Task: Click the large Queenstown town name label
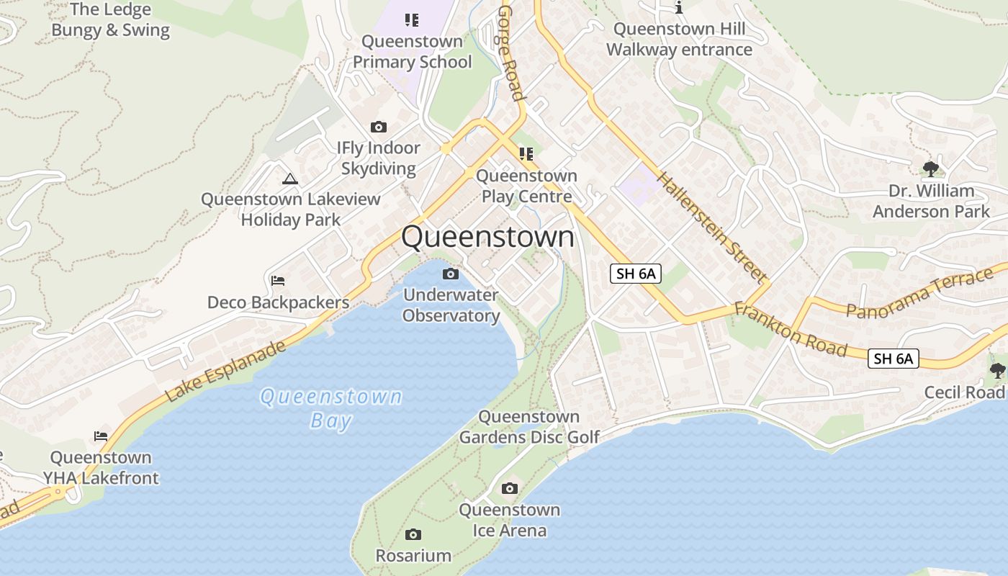pos(487,237)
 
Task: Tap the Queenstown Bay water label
pos(331,408)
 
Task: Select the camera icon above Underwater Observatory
pos(451,274)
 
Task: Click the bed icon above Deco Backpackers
pos(278,280)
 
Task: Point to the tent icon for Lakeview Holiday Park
pos(290,179)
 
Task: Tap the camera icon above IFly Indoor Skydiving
pos(379,127)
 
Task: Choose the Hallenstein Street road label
pos(711,226)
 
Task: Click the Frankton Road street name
pos(791,330)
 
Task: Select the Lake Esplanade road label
pos(225,372)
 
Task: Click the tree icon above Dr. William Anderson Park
pos(931,169)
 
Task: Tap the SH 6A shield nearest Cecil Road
pos(894,358)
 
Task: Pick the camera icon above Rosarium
pos(413,534)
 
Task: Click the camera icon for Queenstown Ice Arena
pos(510,489)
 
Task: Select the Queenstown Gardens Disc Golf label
pos(529,427)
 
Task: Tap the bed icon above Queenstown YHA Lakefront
pos(101,436)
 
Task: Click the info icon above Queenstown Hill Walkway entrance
pos(679,8)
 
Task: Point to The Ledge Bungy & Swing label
pos(111,20)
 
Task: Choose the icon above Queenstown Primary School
pos(412,19)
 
